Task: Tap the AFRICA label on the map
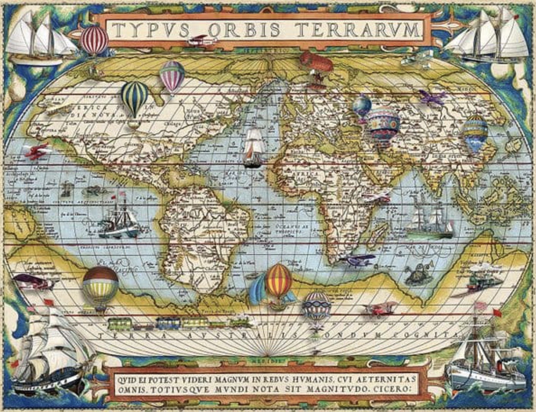307,174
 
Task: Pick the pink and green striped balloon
172,75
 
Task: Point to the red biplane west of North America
38,151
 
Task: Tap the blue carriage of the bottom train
168,323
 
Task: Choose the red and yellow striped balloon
278,281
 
